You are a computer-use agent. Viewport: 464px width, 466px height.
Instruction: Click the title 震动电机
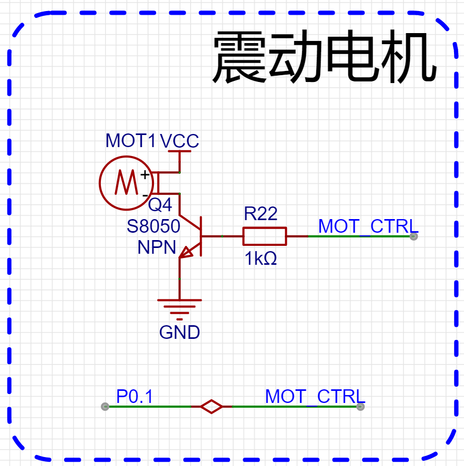[324, 58]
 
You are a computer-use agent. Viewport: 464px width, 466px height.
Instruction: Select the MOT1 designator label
[131, 141]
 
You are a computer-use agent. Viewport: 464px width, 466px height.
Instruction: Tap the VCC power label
[179, 141]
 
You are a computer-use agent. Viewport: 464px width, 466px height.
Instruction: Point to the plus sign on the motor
[145, 174]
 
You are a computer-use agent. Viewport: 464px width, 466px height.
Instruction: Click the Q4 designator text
[160, 205]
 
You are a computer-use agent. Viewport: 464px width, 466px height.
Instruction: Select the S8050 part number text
[153, 226]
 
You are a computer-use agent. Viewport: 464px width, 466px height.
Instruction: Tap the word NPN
[157, 247]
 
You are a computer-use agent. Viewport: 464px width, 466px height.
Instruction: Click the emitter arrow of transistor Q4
[187, 252]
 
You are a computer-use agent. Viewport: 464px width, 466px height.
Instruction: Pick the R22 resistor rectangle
[264, 236]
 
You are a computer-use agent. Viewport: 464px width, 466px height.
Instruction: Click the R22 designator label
[261, 213]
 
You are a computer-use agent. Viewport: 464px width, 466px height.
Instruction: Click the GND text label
[180, 333]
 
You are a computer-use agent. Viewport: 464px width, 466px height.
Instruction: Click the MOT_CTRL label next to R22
[368, 226]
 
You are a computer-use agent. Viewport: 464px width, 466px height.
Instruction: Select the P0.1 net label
[135, 397]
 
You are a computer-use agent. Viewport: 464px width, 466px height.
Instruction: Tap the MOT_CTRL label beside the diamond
[314, 397]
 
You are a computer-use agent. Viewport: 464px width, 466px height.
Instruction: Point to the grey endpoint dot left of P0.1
[105, 406]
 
